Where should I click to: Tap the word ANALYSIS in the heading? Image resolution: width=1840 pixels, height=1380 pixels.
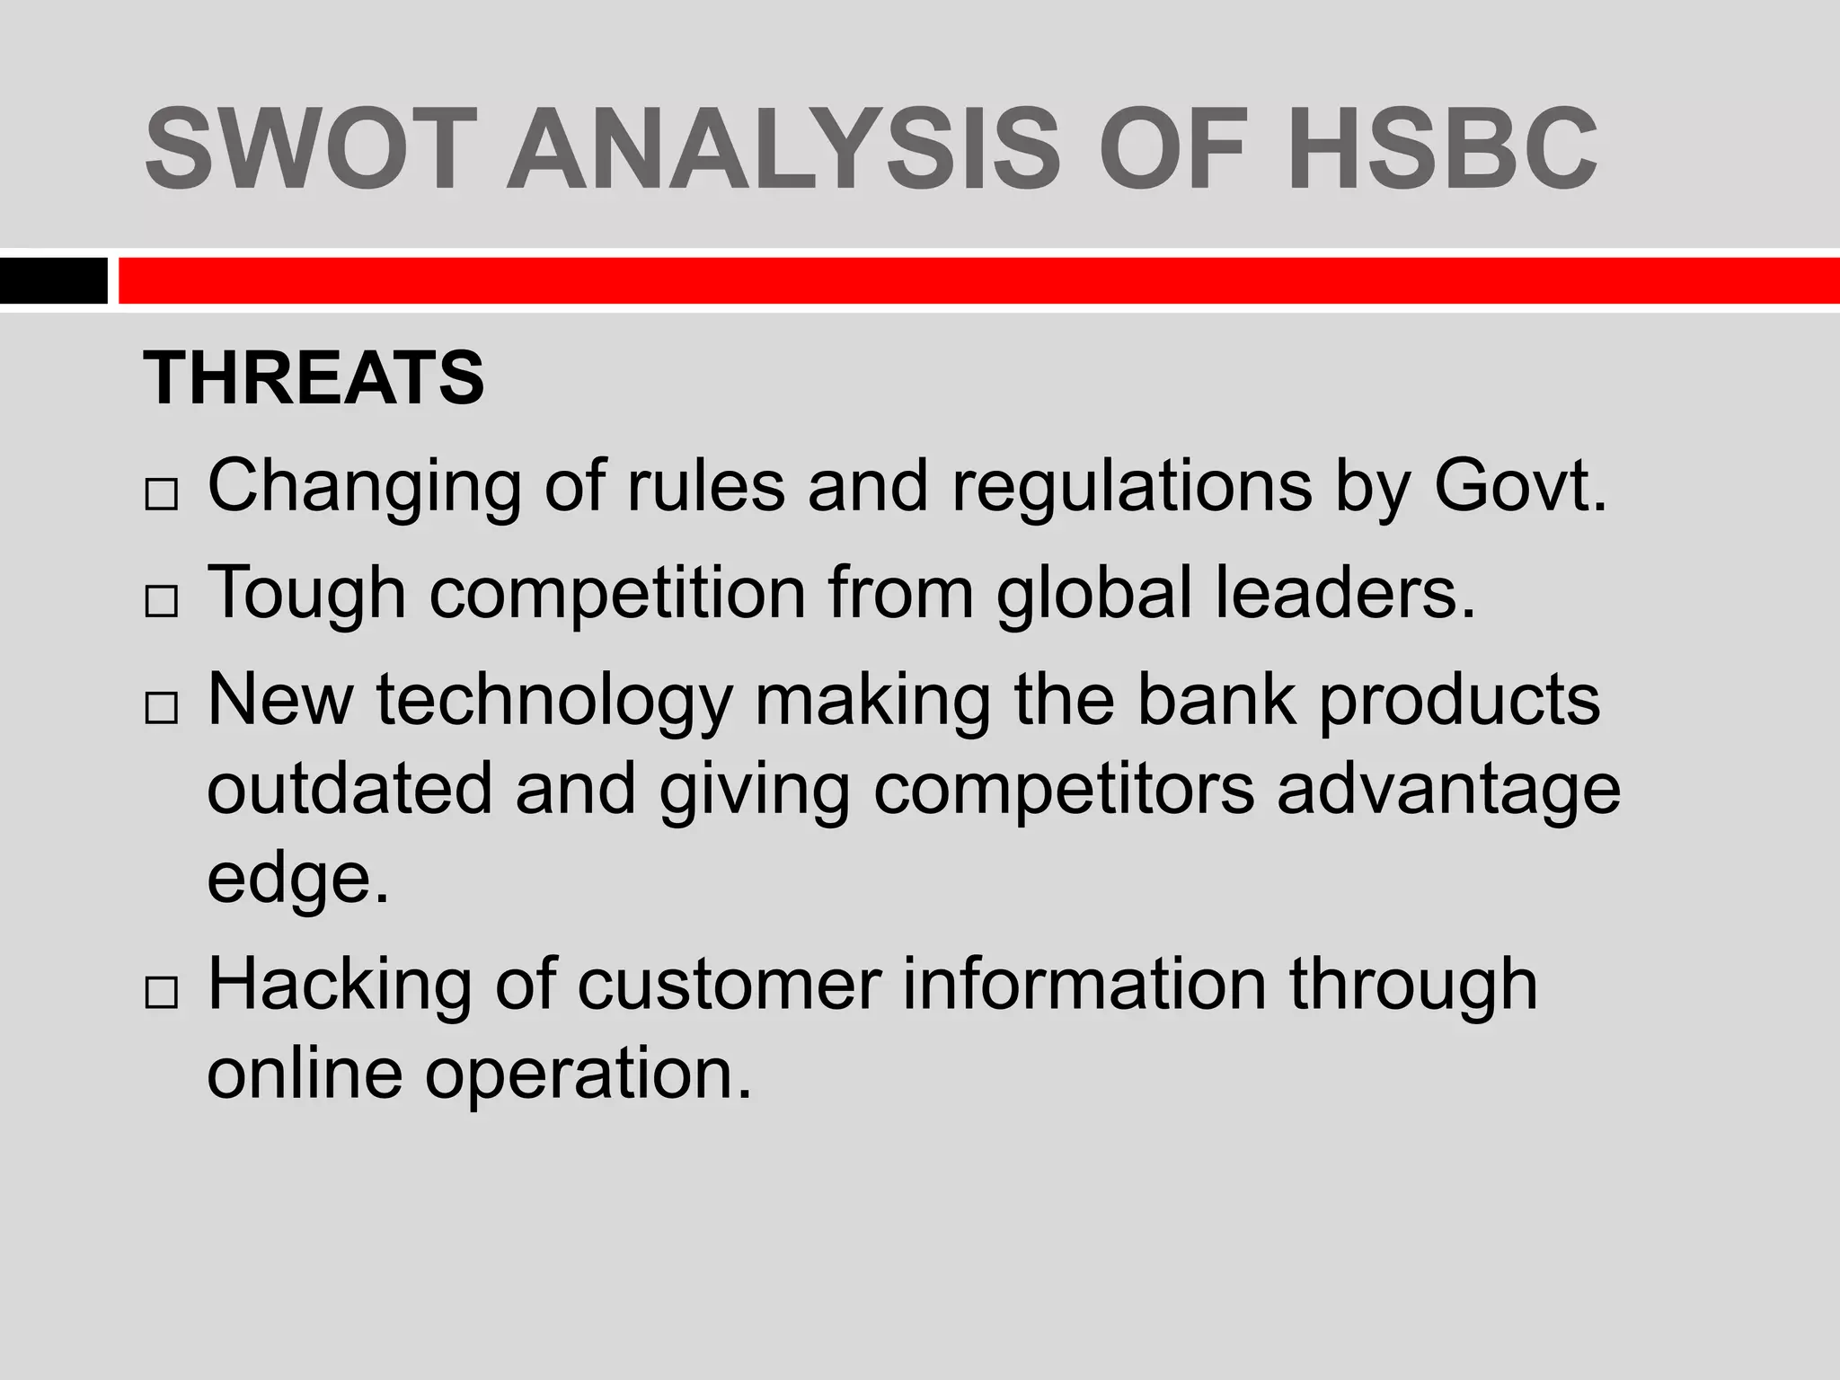click(x=782, y=148)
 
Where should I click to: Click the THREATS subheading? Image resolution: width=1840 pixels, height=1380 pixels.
click(x=314, y=377)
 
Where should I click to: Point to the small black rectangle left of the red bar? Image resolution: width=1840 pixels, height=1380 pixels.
click(x=53, y=280)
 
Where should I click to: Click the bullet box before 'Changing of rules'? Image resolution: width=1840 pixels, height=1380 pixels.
click(x=161, y=495)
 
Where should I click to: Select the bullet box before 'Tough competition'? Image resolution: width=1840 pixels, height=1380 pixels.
click(x=161, y=602)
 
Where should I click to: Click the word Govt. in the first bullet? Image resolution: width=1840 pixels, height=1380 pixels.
click(x=1518, y=486)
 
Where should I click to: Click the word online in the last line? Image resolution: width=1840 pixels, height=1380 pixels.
click(x=305, y=1073)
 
